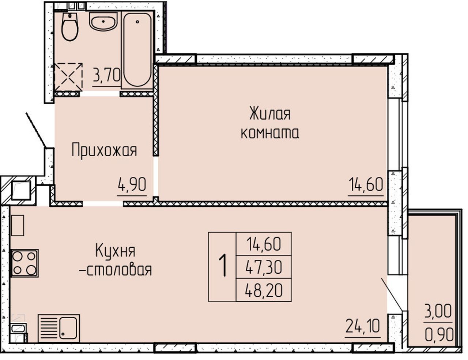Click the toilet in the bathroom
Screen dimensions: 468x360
(x=70, y=27)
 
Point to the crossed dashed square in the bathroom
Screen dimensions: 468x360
(x=68, y=77)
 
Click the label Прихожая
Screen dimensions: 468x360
(x=104, y=151)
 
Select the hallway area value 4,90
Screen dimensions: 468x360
(x=132, y=184)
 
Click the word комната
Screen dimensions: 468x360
(x=270, y=134)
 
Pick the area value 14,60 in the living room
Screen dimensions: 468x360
(x=366, y=184)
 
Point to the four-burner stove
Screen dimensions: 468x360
(x=24, y=263)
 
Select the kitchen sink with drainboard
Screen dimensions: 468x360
(x=59, y=328)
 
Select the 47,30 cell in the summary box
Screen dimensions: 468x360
(x=264, y=267)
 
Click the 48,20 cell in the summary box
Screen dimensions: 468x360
(x=264, y=290)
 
